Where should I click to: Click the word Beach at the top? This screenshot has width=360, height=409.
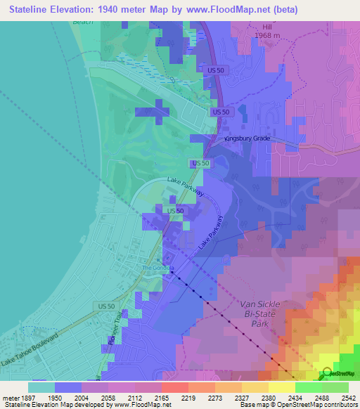(x=83, y=22)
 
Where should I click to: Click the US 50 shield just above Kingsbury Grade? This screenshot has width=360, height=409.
(x=220, y=112)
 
